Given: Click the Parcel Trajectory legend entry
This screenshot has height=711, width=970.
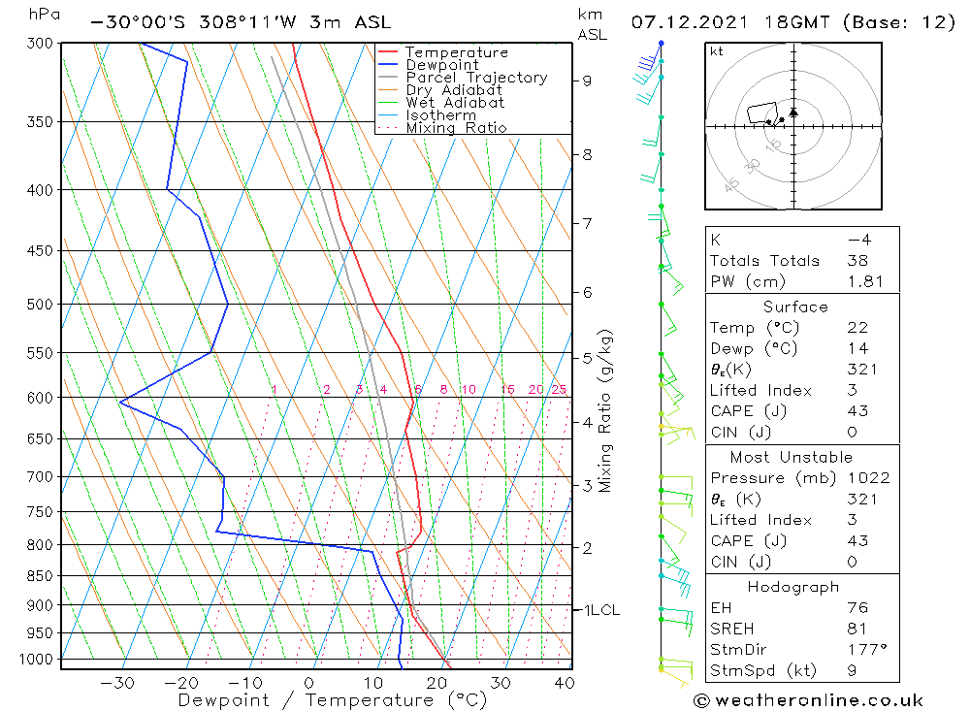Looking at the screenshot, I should tap(475, 78).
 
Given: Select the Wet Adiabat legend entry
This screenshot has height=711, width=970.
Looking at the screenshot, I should tap(454, 103).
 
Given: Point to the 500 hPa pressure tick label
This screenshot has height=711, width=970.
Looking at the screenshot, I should tap(41, 305).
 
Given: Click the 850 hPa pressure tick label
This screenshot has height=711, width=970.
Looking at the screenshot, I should tap(41, 576).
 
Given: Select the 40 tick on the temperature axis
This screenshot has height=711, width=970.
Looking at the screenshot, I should tap(564, 683).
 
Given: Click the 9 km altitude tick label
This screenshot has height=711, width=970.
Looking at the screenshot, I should tap(588, 81).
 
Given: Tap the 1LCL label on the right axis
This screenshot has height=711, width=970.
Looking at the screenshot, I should tap(600, 610).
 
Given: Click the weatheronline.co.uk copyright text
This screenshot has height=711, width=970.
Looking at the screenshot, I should tap(808, 700).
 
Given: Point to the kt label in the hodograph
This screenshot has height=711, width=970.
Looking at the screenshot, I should tap(717, 51).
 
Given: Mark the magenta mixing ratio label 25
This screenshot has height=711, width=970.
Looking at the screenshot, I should tap(559, 390).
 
